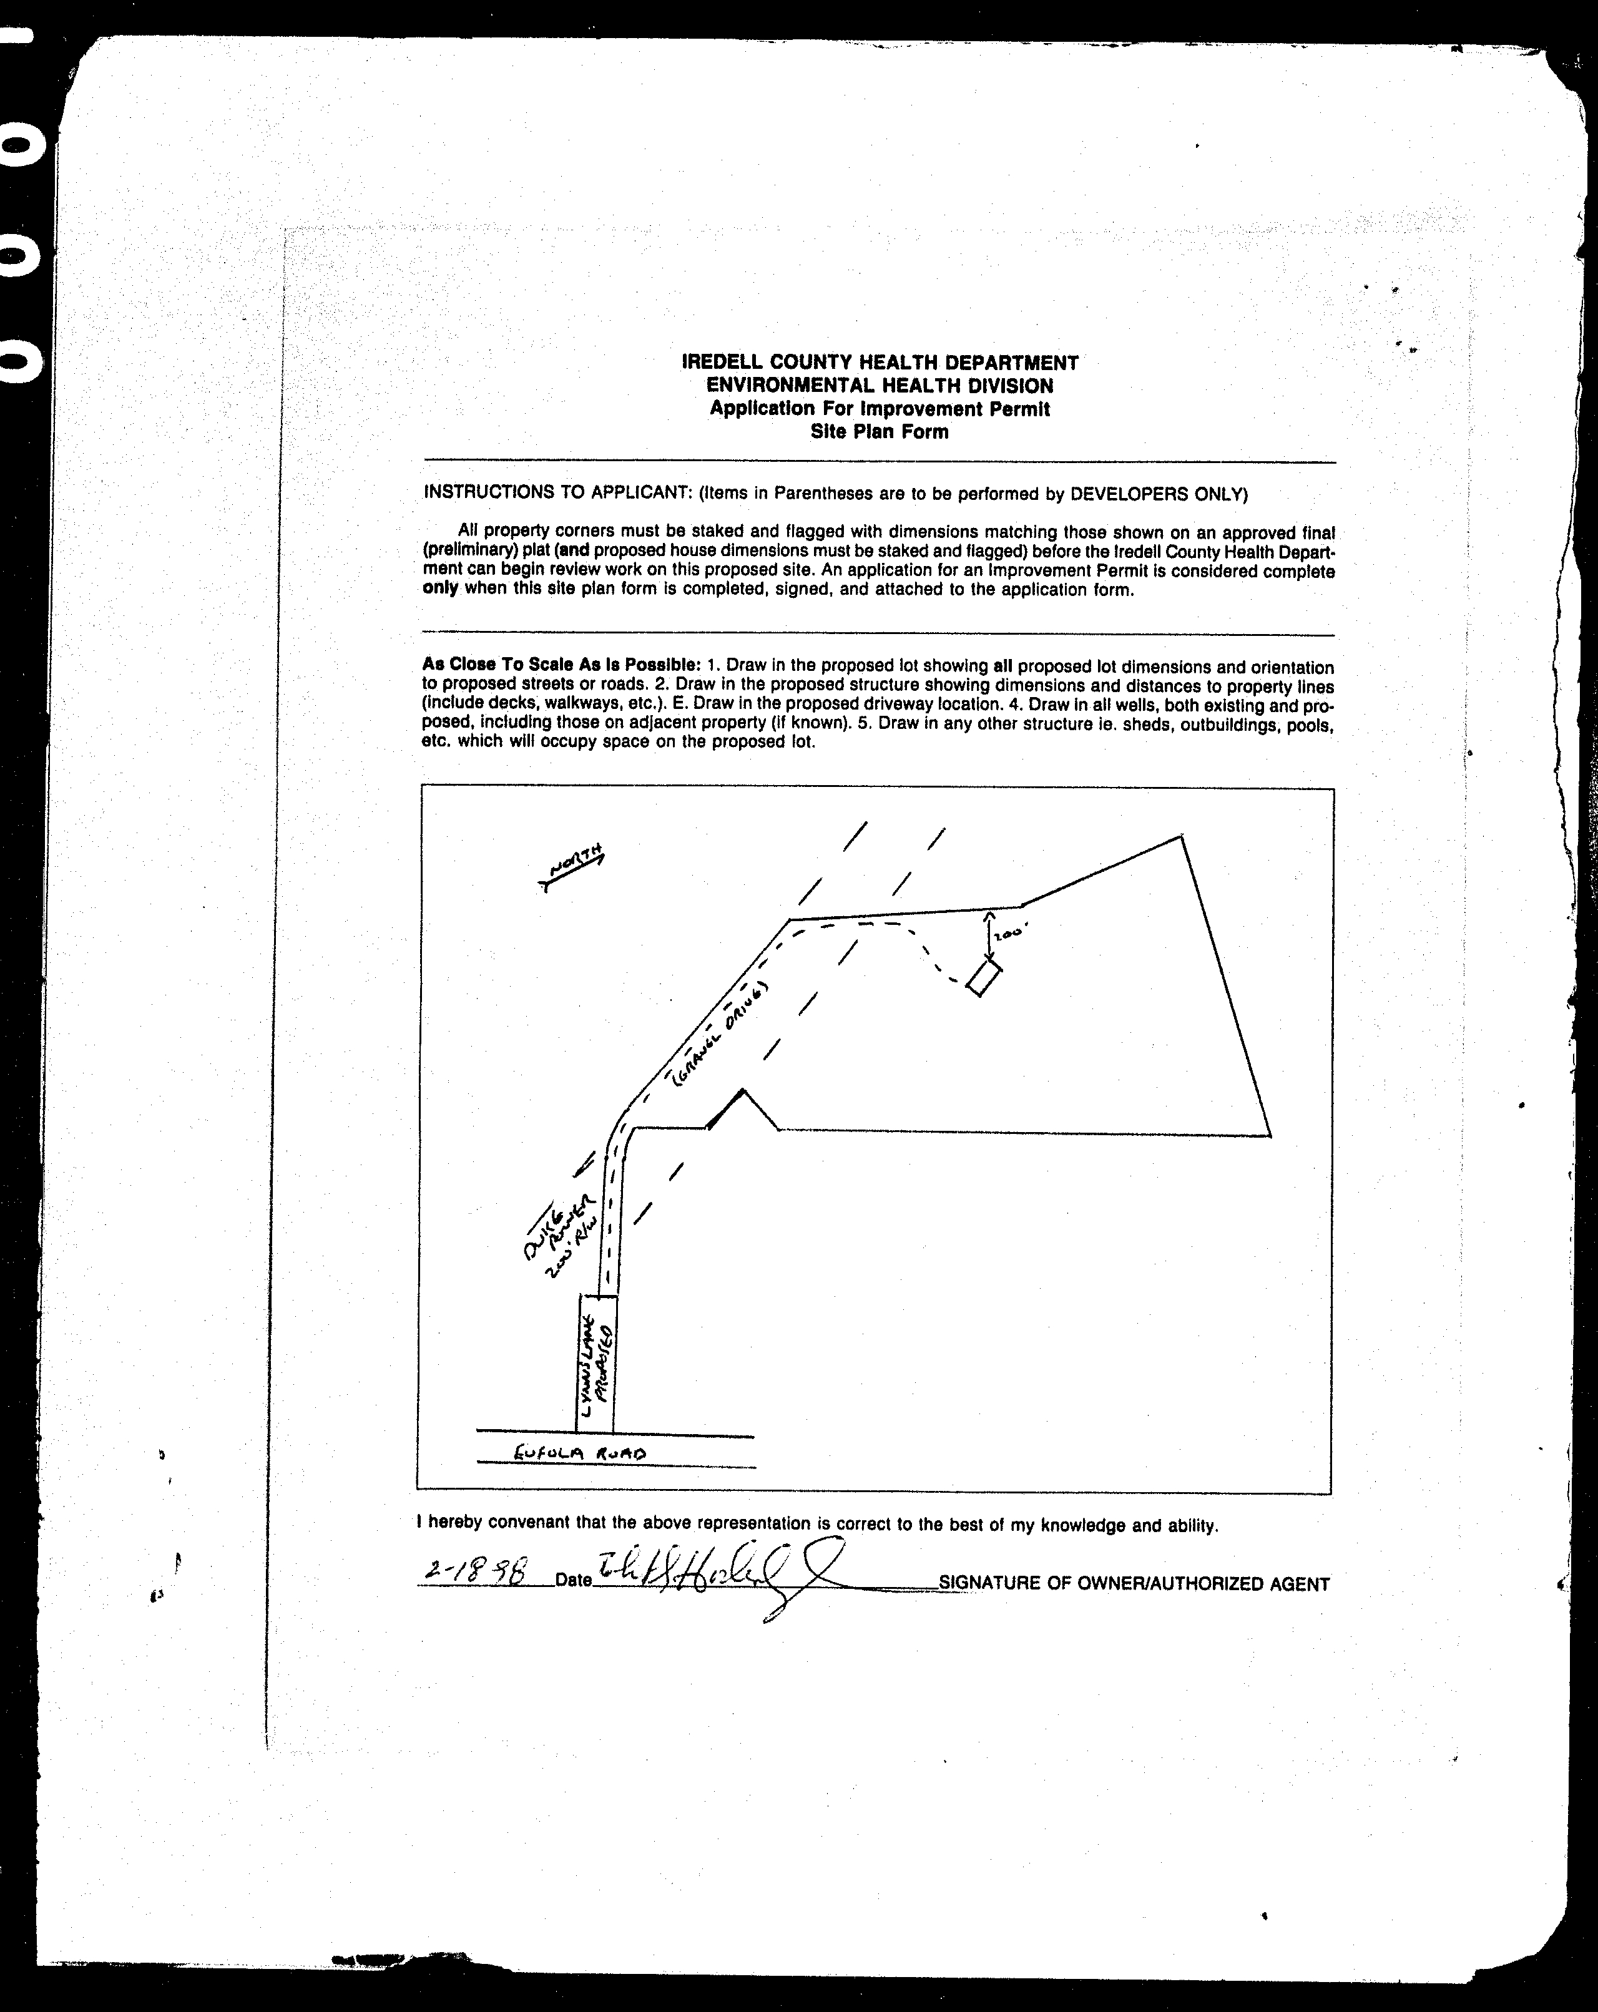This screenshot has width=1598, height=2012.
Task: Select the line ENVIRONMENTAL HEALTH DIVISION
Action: pos(880,386)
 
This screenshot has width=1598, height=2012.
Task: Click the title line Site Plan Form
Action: pos(880,432)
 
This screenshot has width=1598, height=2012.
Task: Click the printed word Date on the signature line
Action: pos(573,1580)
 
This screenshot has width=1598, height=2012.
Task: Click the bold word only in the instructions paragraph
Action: pos(439,589)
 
